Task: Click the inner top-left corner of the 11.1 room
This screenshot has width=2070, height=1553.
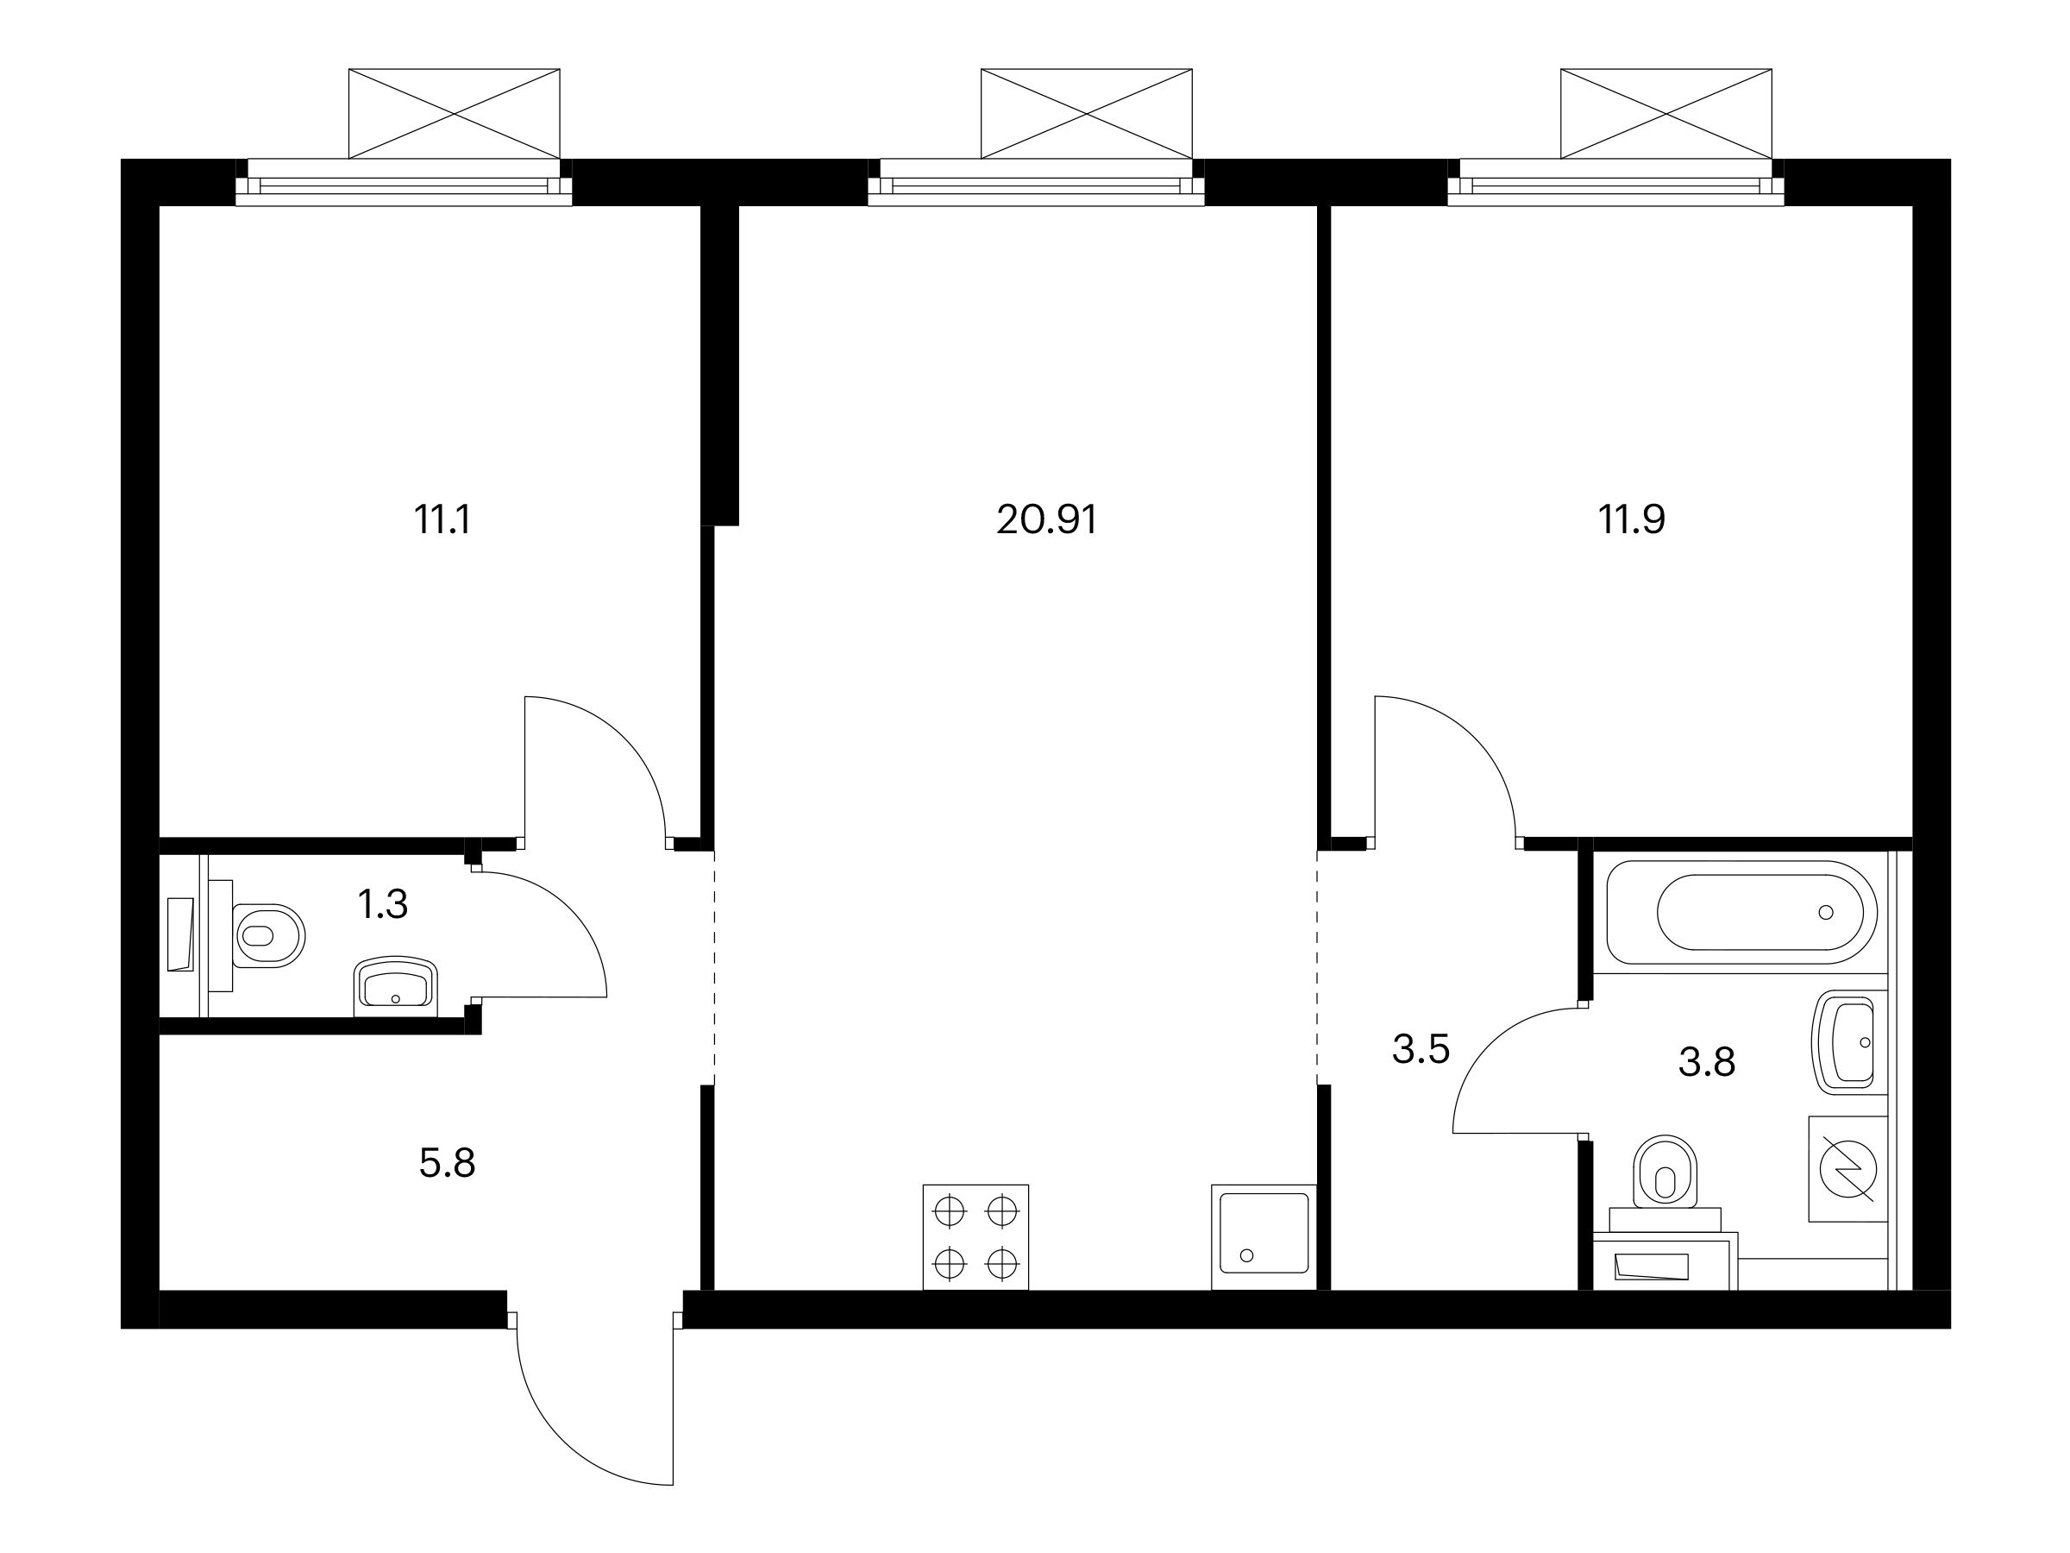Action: tap(160, 206)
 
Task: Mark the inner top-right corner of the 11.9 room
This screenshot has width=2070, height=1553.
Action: tap(1912, 206)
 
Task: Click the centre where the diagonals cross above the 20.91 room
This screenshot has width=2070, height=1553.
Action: tap(1087, 113)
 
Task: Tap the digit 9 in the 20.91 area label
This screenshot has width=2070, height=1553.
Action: tap(1062, 519)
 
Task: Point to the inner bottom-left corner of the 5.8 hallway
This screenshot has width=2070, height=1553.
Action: tap(160, 1290)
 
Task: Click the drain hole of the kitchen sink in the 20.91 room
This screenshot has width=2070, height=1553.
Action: tap(1245, 1255)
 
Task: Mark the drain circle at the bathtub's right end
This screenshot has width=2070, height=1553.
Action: tap(1826, 912)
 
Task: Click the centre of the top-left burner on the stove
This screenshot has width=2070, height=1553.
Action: tap(949, 1211)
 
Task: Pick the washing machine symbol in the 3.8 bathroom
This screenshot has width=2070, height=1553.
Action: tap(1848, 1168)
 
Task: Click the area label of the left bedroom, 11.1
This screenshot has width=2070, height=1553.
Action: tap(442, 519)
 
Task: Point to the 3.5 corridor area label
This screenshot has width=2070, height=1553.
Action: tap(1421, 1049)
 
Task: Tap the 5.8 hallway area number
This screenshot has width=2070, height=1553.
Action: tap(448, 1164)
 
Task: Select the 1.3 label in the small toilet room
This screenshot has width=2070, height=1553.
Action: tap(383, 904)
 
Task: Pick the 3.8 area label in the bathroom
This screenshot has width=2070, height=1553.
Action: tap(1707, 1062)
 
